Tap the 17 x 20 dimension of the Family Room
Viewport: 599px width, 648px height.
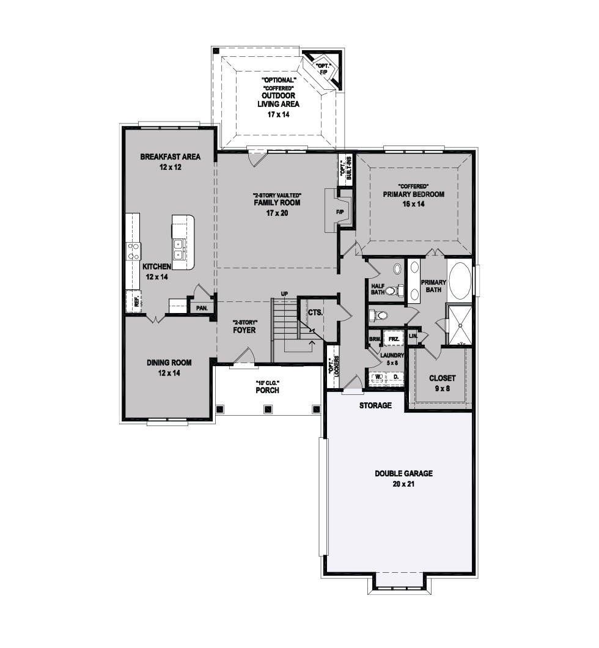click(x=277, y=213)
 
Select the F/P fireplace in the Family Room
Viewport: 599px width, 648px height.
click(x=340, y=212)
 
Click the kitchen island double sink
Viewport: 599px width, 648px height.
click(x=178, y=249)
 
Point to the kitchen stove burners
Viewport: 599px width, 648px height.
click(x=133, y=251)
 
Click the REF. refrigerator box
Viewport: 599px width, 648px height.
click(x=133, y=301)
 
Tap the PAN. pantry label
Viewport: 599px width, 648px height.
click(x=202, y=308)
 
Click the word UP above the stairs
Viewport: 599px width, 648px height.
click(x=284, y=294)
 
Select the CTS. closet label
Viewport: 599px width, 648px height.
click(x=315, y=313)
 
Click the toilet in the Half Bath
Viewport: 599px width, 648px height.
click(x=397, y=290)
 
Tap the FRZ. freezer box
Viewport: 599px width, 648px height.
click(x=393, y=339)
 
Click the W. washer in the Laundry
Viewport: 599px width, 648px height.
click(x=377, y=377)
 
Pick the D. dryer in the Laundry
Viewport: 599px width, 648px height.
click(x=395, y=377)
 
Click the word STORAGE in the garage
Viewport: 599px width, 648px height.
click(x=375, y=406)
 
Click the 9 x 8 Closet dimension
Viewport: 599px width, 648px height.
click(x=442, y=388)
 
